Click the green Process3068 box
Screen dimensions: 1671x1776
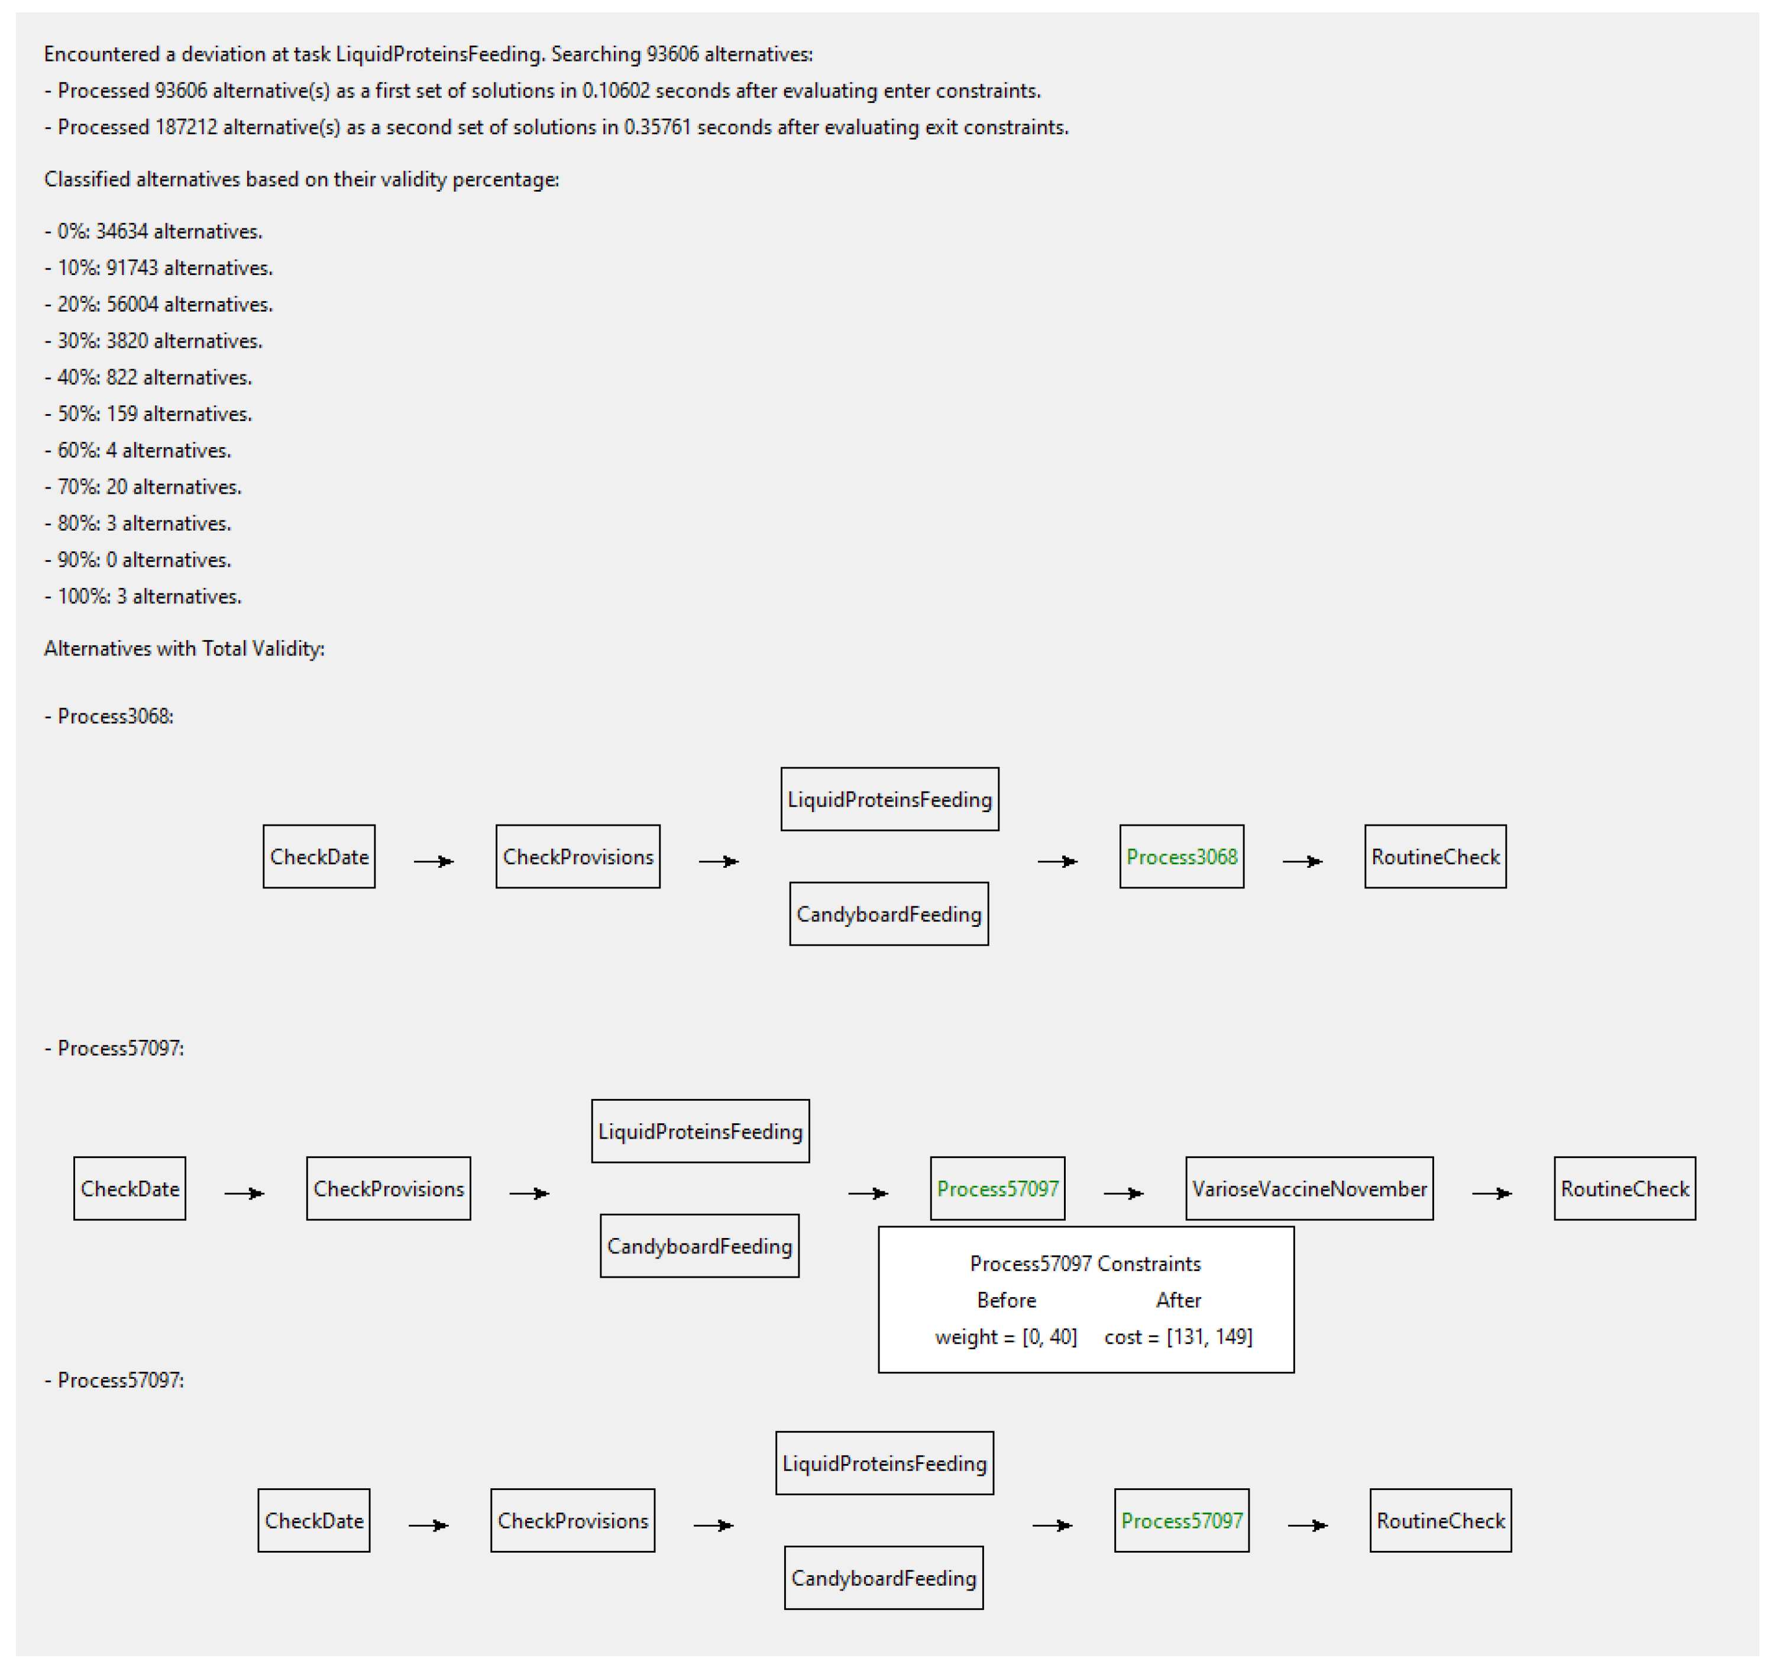tap(1181, 857)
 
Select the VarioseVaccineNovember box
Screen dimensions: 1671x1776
tap(1309, 1190)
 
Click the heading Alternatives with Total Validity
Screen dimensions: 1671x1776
tap(184, 649)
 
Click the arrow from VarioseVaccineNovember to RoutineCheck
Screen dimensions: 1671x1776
tap(1492, 1194)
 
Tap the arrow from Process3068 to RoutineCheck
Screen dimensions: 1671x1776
tap(1302, 861)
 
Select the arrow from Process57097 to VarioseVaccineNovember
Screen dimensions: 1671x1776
tap(1124, 1194)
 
